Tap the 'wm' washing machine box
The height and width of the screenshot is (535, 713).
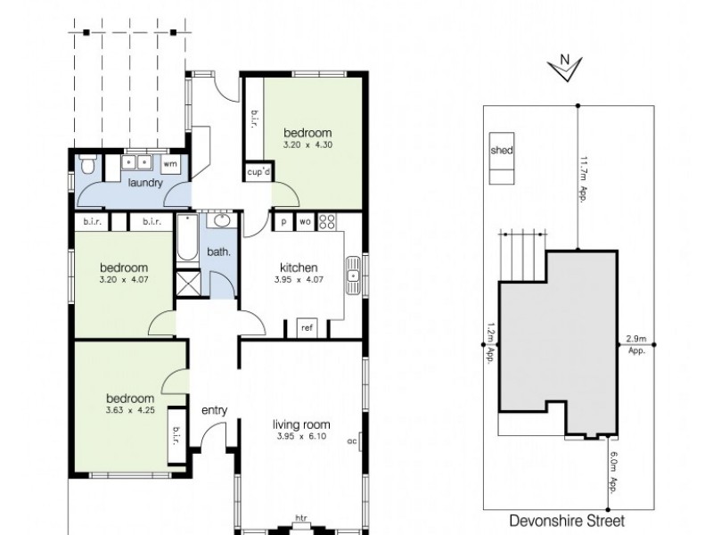170,163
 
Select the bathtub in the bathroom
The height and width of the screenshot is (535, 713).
186,238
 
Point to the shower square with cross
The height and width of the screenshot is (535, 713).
188,284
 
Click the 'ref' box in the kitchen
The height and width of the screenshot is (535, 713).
307,328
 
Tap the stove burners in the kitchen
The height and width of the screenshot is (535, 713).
327,221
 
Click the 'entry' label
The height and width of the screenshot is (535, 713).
215,410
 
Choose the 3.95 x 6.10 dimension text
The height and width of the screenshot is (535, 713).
301,437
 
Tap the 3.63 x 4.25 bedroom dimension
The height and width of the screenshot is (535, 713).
129,410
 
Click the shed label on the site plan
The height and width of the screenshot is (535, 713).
502,151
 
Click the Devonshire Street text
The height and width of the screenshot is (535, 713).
567,520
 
